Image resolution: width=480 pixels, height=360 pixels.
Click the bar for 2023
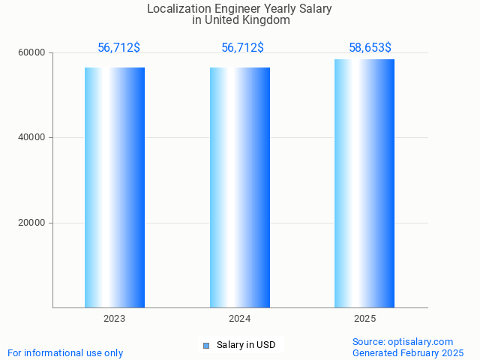tap(115, 187)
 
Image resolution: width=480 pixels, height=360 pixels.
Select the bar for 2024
tap(240, 187)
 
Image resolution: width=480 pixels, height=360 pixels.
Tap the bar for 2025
tap(364, 184)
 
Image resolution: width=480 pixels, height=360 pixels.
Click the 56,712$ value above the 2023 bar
tap(118, 48)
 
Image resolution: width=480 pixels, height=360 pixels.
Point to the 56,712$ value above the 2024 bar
tap(242, 48)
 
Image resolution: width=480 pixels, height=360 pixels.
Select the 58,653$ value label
tap(370, 48)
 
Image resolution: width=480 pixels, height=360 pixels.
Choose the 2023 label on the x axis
tap(115, 319)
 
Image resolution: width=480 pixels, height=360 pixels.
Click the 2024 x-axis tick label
tap(240, 319)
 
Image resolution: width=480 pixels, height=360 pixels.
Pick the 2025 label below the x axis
tap(364, 319)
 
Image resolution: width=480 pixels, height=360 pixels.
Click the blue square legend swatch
tap(206, 346)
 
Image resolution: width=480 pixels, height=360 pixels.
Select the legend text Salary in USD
tap(246, 345)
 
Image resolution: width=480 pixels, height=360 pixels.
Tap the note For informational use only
tap(65, 352)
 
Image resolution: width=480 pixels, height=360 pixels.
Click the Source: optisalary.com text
tap(403, 342)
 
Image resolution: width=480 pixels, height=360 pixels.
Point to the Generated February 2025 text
tap(408, 352)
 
